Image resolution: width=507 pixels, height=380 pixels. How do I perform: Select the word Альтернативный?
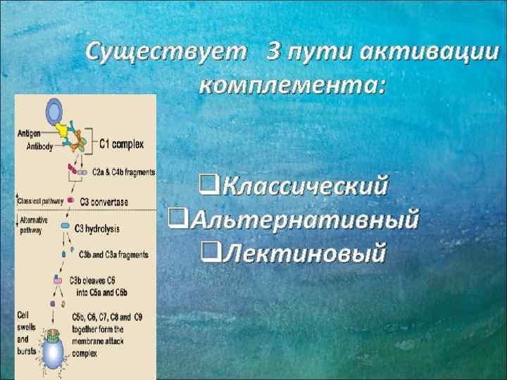[x=303, y=219]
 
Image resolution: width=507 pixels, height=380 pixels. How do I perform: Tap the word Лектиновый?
[x=303, y=251]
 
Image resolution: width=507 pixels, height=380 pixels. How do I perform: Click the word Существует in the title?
[x=166, y=51]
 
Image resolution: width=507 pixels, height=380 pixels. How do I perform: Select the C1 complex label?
[x=121, y=144]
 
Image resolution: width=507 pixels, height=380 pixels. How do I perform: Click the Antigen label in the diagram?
[x=29, y=132]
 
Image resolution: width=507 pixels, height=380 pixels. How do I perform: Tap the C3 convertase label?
[x=104, y=202]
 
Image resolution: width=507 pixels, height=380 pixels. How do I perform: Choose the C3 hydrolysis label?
[x=98, y=228]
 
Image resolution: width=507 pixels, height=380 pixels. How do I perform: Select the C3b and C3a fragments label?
[x=113, y=254]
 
